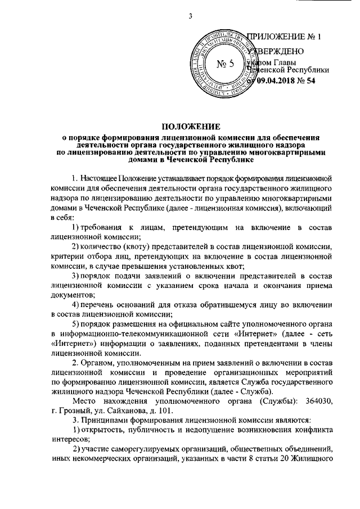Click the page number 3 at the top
pos(191,15)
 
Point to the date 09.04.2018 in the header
pos(278,80)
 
